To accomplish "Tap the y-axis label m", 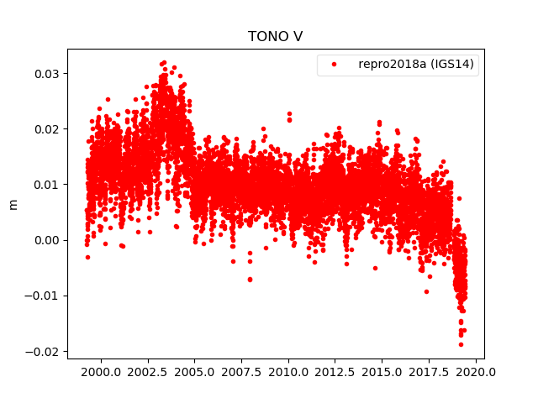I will pyautogui.click(x=13, y=204).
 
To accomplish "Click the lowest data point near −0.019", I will pyautogui.click(x=461, y=344).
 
